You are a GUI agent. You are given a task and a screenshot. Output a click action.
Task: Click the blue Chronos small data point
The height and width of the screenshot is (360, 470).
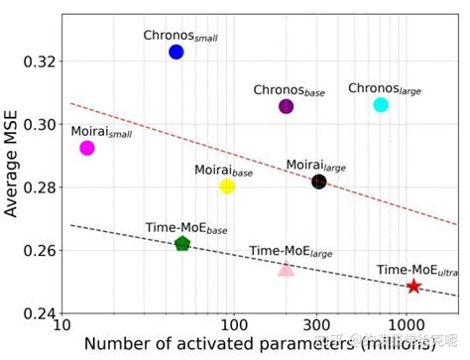[x=176, y=52]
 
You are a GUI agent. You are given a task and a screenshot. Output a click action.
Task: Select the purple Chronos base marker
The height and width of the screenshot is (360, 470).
[x=287, y=106]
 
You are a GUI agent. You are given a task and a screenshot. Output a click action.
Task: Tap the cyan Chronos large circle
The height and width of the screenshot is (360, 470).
[x=381, y=104]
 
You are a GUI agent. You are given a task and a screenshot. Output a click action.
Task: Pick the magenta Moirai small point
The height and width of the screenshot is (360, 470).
[x=87, y=148]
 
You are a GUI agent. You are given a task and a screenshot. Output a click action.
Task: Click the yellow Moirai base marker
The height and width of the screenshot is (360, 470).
[x=227, y=186]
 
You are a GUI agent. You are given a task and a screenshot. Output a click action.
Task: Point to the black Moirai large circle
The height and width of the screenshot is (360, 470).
[x=319, y=181]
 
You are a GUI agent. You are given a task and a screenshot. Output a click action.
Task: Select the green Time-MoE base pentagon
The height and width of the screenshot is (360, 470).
[x=182, y=244]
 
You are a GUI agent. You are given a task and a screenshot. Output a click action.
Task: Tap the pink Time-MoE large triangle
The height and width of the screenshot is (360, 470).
[x=286, y=269]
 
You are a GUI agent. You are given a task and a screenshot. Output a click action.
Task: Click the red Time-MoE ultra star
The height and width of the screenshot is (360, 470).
[x=413, y=287]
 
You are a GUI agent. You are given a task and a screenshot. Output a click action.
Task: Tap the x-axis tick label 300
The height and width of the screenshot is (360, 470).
[x=315, y=325]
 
